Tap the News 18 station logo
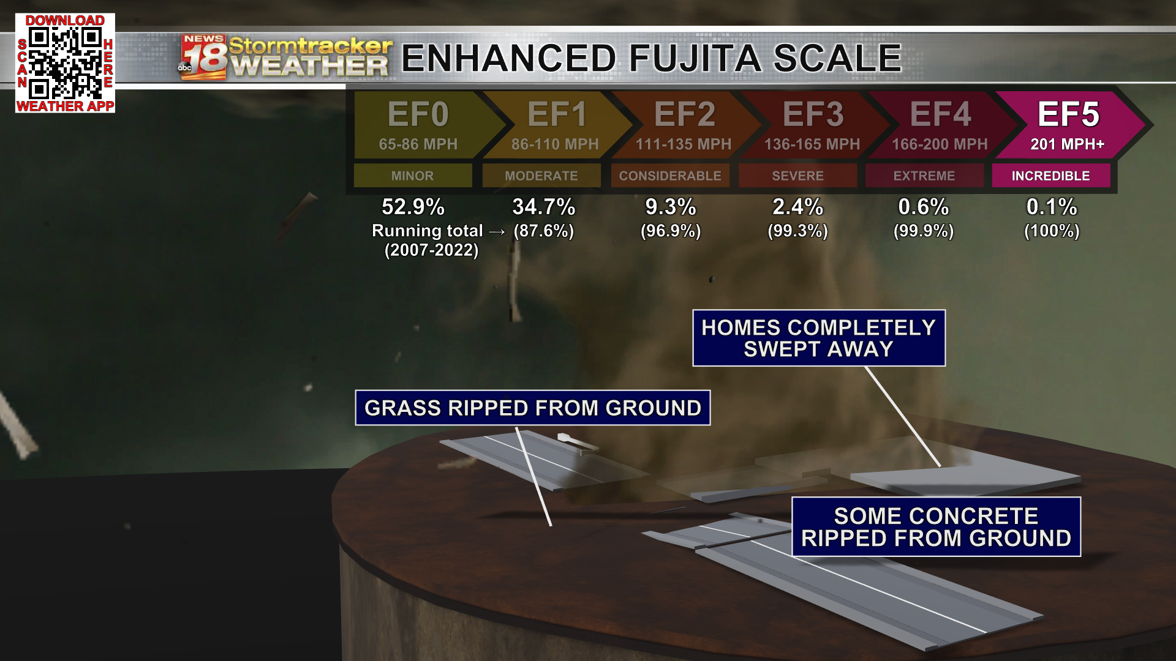click(203, 58)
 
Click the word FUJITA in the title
click(696, 58)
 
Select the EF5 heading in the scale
click(1068, 114)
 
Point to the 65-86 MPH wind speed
click(418, 144)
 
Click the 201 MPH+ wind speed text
click(1067, 144)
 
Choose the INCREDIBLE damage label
click(1050, 176)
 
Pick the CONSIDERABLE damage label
click(670, 176)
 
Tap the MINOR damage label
click(412, 176)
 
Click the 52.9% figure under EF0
click(413, 207)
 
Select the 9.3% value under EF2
click(671, 207)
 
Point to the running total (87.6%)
click(543, 231)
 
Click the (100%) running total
click(1052, 231)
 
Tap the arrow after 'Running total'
click(497, 231)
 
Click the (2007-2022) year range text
click(431, 250)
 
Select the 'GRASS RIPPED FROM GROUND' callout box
click(532, 408)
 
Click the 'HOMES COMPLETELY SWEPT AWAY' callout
click(818, 338)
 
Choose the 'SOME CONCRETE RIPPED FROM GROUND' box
click(936, 527)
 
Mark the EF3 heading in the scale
click(813, 114)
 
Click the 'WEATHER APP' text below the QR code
click(65, 106)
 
